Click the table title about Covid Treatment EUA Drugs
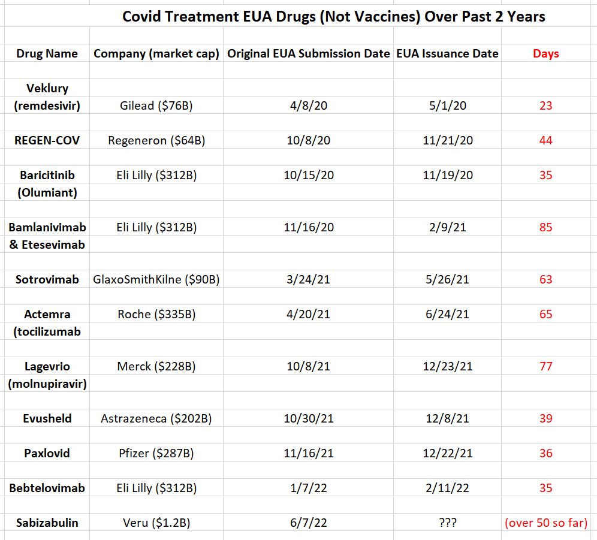333,17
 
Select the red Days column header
545,54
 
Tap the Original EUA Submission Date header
309,54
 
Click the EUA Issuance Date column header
447,54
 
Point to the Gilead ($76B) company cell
156,105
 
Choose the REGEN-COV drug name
47,140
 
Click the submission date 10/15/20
309,175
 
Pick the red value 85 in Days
545,227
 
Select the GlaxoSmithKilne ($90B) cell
156,279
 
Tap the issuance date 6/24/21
447,314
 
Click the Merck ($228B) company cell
156,366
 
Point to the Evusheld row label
47,418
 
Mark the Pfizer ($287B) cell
156,453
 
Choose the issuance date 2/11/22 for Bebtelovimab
447,488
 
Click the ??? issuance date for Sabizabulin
447,523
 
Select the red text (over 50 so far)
546,523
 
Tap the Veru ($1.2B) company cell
156,523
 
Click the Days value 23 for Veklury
545,105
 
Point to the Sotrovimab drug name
47,279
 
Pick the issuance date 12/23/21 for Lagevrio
447,366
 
